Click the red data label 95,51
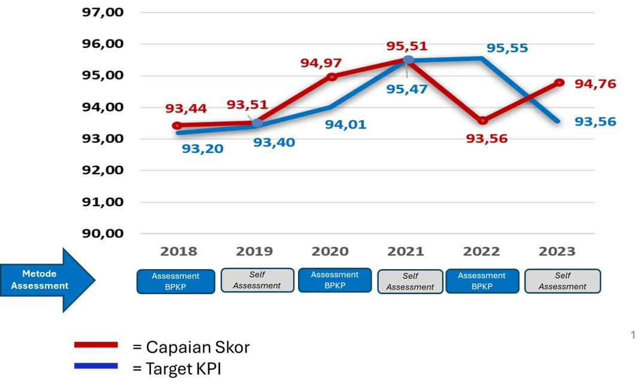point(407,47)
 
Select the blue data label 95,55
point(507,48)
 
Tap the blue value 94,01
point(345,125)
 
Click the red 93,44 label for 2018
point(186,109)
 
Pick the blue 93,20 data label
point(202,149)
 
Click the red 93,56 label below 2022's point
point(487,139)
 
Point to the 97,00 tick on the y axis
point(102,13)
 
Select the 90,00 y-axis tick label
point(102,234)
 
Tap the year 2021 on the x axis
point(405,252)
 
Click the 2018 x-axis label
point(178,252)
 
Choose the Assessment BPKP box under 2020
point(335,280)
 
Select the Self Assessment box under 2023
point(562,281)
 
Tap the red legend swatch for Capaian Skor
point(96,345)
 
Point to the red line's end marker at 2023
point(559,83)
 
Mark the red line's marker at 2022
point(482,121)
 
